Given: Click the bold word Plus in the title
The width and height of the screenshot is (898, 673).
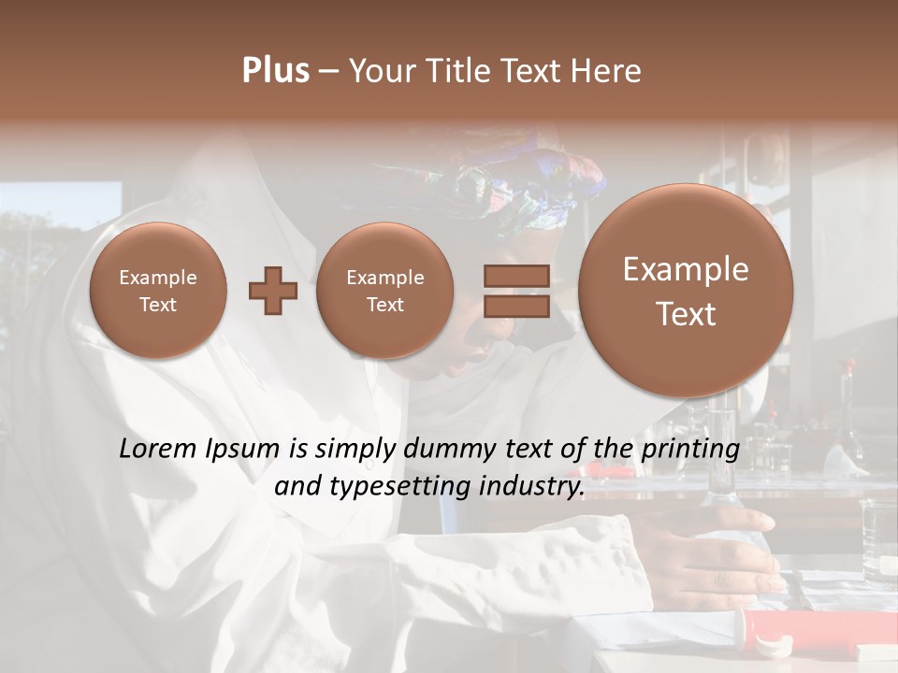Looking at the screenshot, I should tap(275, 71).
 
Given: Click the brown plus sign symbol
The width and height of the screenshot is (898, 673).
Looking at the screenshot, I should tap(273, 290).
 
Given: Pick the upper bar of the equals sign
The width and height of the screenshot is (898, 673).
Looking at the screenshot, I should tap(515, 276).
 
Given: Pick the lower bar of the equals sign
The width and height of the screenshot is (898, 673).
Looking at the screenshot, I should tap(515, 306).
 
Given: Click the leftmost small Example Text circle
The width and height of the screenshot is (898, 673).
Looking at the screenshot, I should tap(158, 290).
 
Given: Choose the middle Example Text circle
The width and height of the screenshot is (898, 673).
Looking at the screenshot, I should tap(384, 290).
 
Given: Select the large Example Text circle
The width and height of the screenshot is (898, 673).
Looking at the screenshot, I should tap(686, 290).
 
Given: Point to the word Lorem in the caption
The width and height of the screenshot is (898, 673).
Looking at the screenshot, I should tap(153, 449).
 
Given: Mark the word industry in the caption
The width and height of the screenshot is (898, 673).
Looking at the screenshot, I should tap(530, 487).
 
